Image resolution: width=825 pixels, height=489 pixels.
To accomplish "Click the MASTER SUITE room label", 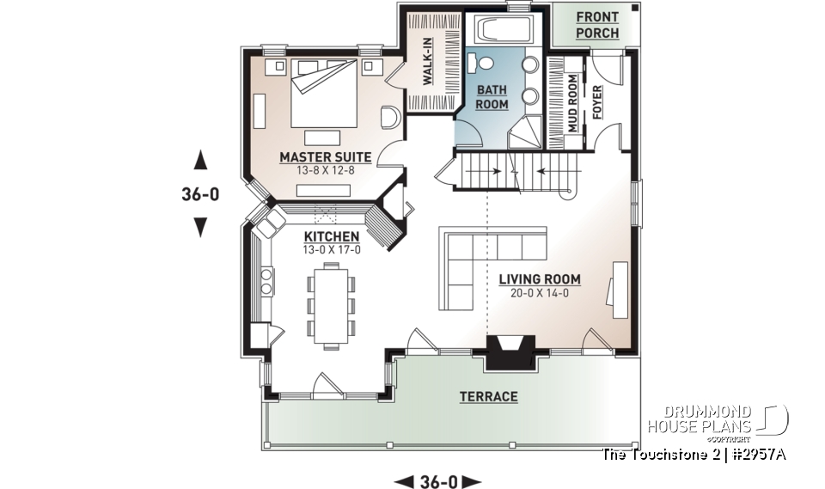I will [x=325, y=157].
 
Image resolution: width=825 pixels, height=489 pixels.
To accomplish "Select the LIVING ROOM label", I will [x=540, y=279].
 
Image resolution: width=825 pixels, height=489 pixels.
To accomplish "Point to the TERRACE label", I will [x=487, y=396].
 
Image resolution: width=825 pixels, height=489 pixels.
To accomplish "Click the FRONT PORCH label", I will [x=596, y=24].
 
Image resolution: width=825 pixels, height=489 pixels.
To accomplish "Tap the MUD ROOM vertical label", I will [x=572, y=102].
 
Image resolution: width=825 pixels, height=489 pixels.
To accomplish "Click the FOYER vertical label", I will [x=597, y=102].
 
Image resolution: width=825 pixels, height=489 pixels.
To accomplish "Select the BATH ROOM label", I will [x=492, y=96].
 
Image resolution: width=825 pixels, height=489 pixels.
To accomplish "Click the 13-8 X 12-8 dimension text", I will [x=325, y=170].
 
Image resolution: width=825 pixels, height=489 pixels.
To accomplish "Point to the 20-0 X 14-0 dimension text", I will [x=538, y=293].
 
